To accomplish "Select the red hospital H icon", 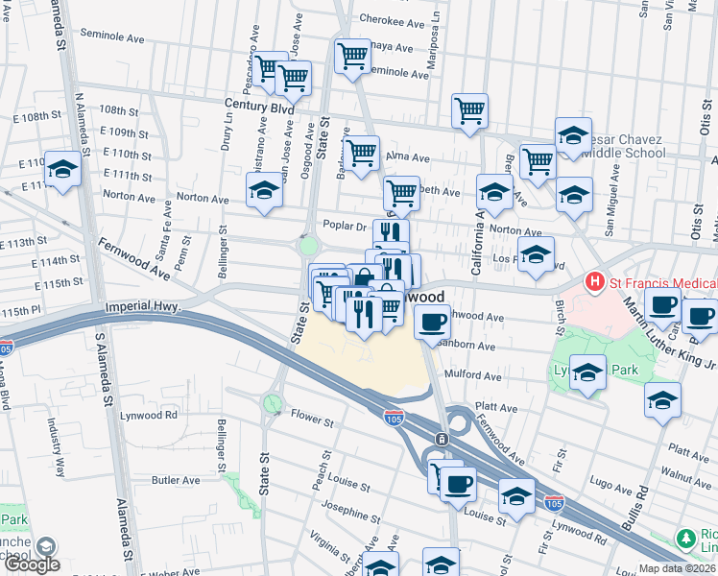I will click(x=595, y=283).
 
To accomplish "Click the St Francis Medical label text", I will click(x=662, y=283).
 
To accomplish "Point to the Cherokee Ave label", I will click(x=391, y=19).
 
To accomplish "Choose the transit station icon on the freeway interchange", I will click(x=441, y=439).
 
